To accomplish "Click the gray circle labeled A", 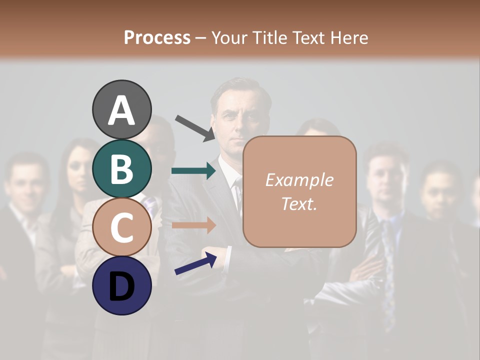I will point(121,109).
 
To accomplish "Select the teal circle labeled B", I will point(121,168).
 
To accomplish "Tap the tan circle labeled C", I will point(121,227).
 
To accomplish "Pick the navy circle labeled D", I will point(121,285).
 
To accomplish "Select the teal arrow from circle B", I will point(193,171).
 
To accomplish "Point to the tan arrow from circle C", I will point(193,225).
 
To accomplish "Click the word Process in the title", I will point(157,37).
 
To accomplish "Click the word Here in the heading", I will point(349,37).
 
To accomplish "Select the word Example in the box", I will point(299,180).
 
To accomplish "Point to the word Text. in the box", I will point(299,203).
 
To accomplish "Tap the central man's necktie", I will point(238,195).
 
